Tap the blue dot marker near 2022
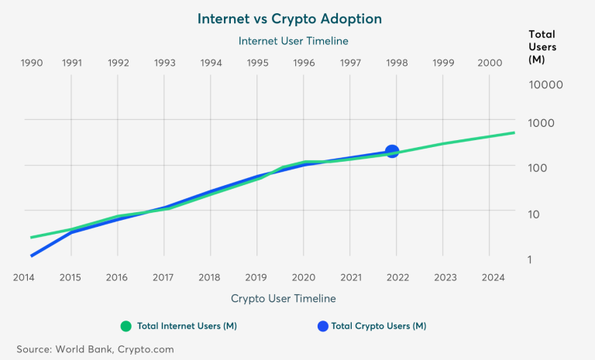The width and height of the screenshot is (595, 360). [392, 152]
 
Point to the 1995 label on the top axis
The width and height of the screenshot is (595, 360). [257, 63]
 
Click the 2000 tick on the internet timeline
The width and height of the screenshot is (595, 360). [490, 63]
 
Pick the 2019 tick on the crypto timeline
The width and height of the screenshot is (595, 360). [257, 276]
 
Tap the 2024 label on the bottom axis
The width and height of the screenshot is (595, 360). [490, 276]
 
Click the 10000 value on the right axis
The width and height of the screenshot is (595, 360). [545, 84]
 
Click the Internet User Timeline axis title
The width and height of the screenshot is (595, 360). [293, 40]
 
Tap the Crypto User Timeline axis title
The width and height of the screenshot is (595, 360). [284, 298]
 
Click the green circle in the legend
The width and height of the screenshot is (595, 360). [126, 326]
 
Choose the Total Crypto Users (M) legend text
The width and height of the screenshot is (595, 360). [378, 326]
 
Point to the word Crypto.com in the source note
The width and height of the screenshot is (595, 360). [146, 349]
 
